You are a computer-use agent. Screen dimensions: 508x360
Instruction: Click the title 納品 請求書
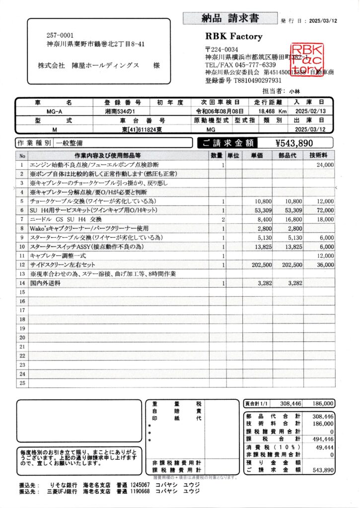click(230, 18)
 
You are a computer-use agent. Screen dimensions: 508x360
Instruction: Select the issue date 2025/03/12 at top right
click(323, 21)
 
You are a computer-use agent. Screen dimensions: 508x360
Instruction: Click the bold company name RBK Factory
click(233, 37)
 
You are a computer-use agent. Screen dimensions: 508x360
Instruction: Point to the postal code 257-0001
click(60, 35)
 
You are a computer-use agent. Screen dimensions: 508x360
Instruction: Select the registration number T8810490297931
click(254, 80)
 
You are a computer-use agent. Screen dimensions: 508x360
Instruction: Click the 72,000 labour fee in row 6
click(325, 210)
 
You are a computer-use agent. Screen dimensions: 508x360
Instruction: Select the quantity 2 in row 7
click(223, 219)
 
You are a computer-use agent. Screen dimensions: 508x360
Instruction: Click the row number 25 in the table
click(22, 383)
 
